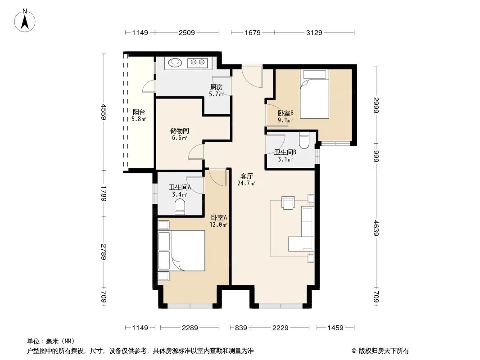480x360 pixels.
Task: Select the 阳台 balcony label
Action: coord(139,112)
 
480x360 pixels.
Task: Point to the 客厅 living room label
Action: coord(246,176)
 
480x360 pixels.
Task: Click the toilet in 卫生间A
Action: coord(180,208)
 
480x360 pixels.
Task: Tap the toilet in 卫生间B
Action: coord(304,140)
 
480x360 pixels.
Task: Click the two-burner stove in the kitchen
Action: coord(198,63)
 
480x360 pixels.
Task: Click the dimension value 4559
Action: coord(104,112)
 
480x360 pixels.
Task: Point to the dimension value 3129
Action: coord(314,33)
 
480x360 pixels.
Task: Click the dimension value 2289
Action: coord(190,328)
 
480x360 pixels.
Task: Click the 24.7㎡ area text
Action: coord(246,183)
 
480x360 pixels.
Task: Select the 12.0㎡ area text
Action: coord(218,225)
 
